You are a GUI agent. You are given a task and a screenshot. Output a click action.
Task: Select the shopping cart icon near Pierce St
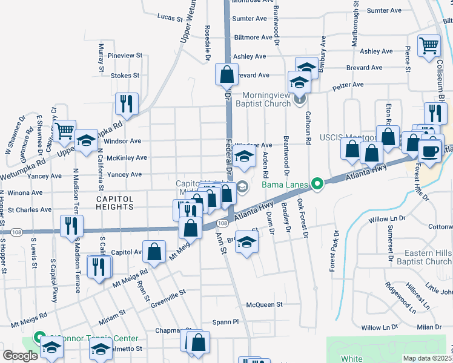tap(429, 45)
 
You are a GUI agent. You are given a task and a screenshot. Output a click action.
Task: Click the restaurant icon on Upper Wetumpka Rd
tap(127, 103)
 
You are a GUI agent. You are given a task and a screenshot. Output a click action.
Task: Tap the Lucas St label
tap(170, 18)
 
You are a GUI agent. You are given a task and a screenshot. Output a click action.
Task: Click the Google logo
tap(19, 356)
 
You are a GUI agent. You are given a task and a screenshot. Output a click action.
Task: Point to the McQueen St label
tap(264, 304)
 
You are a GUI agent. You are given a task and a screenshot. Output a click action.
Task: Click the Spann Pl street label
tap(226, 322)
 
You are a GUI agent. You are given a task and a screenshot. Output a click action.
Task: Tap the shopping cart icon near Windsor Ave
tap(64, 130)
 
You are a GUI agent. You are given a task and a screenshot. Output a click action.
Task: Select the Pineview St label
tap(125, 56)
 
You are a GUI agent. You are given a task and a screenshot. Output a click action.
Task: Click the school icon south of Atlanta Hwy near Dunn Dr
tap(245, 243)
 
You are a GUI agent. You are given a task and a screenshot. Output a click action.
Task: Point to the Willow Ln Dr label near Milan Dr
tap(379, 327)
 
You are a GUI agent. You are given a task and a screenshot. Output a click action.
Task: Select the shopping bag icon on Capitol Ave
tap(155, 252)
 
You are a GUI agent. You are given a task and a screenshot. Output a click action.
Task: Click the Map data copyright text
tap(427, 358)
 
